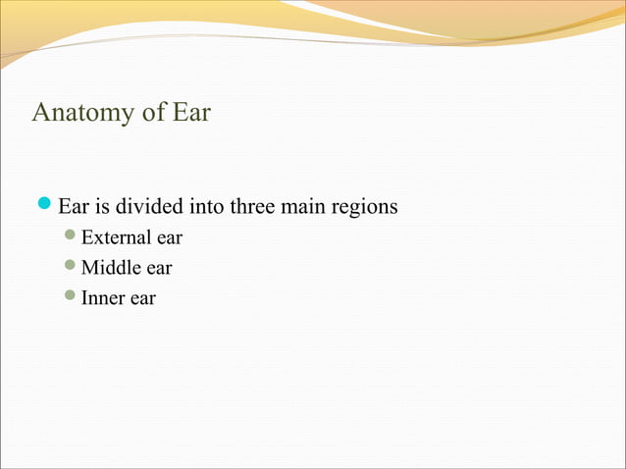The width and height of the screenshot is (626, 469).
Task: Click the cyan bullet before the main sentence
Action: coord(44,207)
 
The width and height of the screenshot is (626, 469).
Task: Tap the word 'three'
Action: coord(252,208)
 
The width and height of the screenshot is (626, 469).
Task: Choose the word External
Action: coord(112,238)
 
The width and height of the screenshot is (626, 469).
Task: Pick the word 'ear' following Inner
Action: coord(142,297)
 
